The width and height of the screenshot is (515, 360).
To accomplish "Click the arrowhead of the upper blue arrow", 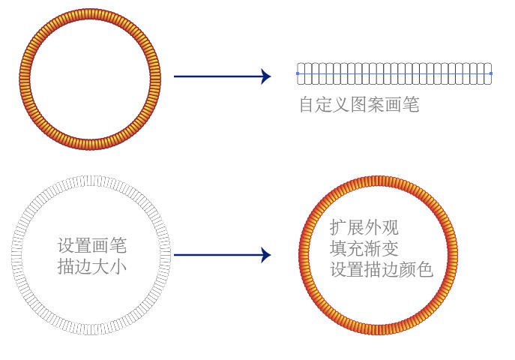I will click(x=265, y=76).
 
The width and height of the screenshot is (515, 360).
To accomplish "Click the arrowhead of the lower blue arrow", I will click(x=265, y=255).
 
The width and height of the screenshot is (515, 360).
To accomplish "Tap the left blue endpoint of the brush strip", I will click(x=298, y=73).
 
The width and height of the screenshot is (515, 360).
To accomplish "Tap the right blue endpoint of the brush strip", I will click(x=491, y=73).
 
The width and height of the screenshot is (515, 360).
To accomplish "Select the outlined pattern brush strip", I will click(x=394, y=73).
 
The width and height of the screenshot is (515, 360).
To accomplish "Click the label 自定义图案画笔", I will click(x=358, y=105).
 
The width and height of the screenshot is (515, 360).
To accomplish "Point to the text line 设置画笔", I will click(x=91, y=245).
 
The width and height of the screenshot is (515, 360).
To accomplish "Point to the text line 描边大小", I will click(x=91, y=265).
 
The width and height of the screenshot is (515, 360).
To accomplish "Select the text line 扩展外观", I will click(x=364, y=227).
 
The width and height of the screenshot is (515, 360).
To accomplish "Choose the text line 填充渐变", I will click(x=364, y=247).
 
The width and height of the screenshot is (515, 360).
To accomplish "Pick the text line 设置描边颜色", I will click(x=382, y=268).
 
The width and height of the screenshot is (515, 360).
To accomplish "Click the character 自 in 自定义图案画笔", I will click(x=307, y=105).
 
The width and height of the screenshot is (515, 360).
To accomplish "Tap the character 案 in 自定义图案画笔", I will click(x=376, y=105).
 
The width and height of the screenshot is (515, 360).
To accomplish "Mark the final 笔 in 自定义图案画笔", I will click(x=410, y=105).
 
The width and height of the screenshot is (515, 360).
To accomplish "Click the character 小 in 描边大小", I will click(x=118, y=265).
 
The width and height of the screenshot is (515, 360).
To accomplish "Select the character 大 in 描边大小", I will click(x=100, y=265).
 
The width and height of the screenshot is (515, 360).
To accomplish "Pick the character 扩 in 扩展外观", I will click(x=339, y=227).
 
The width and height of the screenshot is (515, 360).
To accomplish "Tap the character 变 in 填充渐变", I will click(x=391, y=247).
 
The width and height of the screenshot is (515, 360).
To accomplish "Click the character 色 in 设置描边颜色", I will click(x=425, y=268).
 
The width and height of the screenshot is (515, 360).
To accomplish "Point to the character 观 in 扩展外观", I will click(x=391, y=227).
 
